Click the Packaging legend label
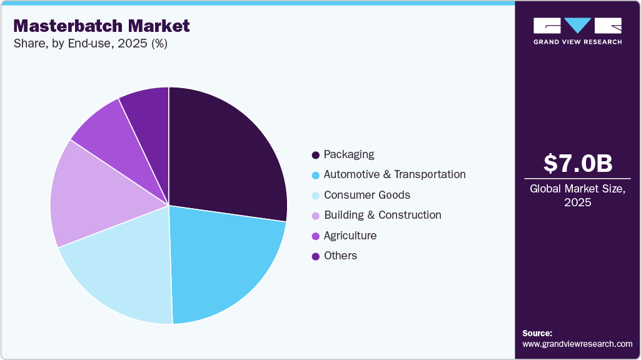[349, 154]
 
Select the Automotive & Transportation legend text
[395, 174]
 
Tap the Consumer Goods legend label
[367, 194]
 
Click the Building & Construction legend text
[383, 215]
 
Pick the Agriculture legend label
[350, 236]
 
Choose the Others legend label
[340, 256]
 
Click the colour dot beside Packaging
[316, 155]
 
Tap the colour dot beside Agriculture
[316, 236]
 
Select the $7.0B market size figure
[577, 163]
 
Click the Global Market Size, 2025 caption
[577, 195]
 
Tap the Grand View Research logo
[577, 30]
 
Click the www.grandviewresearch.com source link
[577, 344]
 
